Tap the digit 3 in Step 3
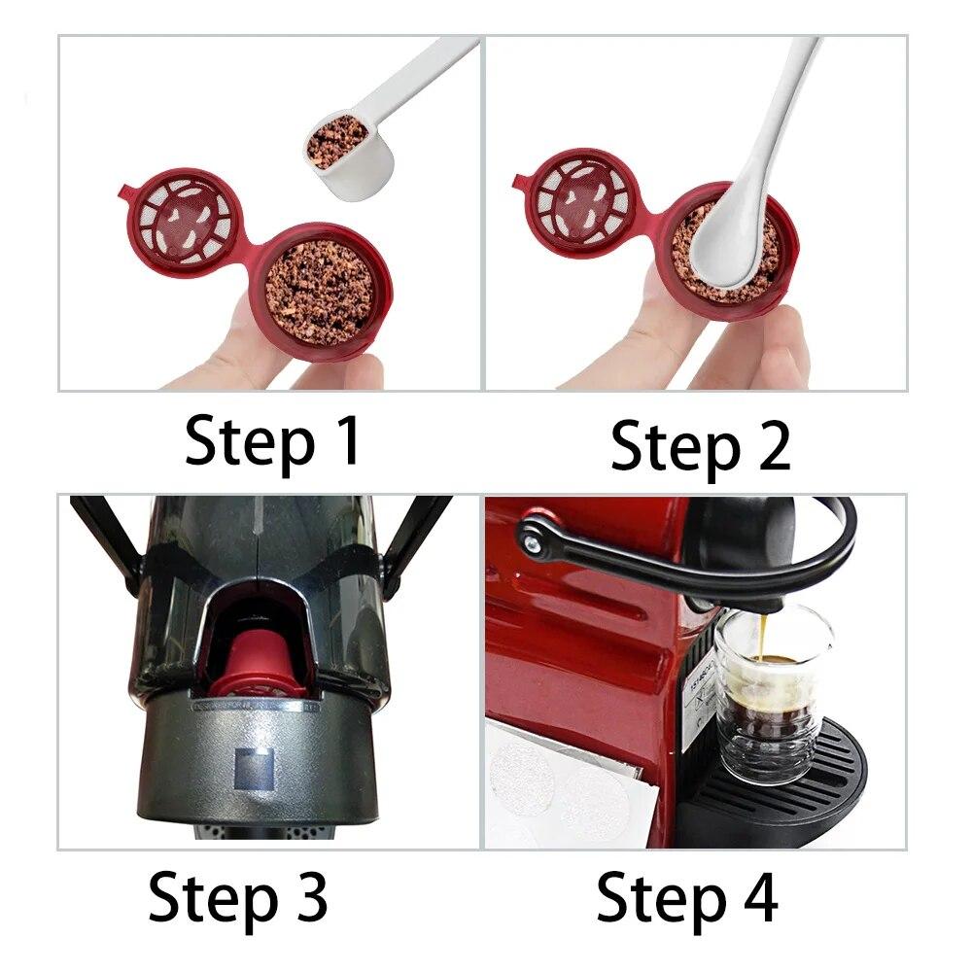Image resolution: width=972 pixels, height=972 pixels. [x=308, y=896]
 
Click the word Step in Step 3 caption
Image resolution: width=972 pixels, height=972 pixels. [x=208, y=898]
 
